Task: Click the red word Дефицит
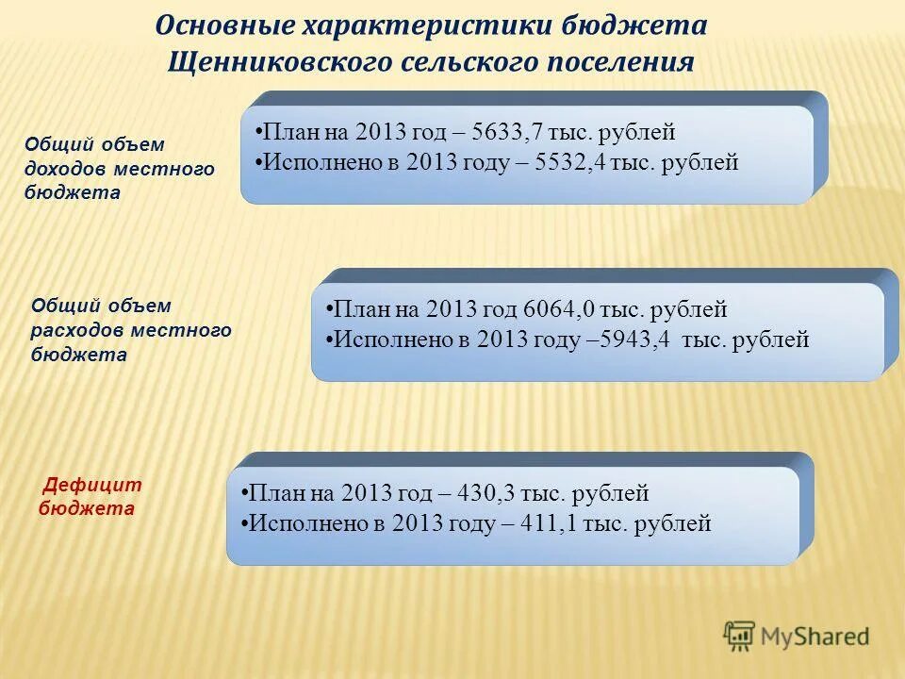[x=93, y=486]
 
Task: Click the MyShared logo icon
[x=740, y=636]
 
